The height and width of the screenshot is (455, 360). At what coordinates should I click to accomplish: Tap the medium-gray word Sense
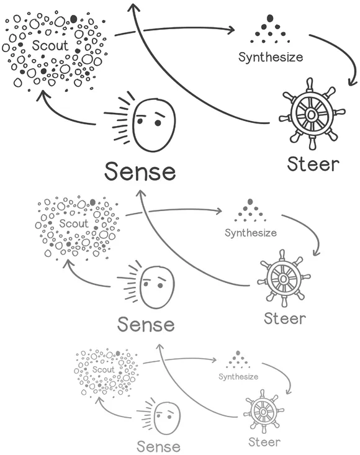click(x=146, y=323)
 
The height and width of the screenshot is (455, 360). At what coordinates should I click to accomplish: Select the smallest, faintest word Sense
click(x=158, y=446)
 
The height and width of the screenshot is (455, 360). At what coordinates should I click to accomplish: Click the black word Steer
click(x=313, y=164)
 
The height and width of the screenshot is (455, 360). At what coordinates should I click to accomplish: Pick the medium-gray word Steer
click(x=285, y=318)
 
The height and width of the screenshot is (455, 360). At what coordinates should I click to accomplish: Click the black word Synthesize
click(x=271, y=58)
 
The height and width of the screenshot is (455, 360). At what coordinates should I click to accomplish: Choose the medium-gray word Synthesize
click(x=250, y=233)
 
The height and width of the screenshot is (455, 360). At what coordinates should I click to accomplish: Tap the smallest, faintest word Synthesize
click(x=238, y=376)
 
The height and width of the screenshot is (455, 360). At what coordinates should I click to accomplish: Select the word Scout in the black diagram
click(x=50, y=46)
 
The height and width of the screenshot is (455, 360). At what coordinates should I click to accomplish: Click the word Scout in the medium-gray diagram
click(x=74, y=223)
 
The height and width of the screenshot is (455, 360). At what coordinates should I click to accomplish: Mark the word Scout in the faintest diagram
click(x=103, y=369)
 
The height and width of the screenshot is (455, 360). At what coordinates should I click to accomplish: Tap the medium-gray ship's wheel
click(x=283, y=279)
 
